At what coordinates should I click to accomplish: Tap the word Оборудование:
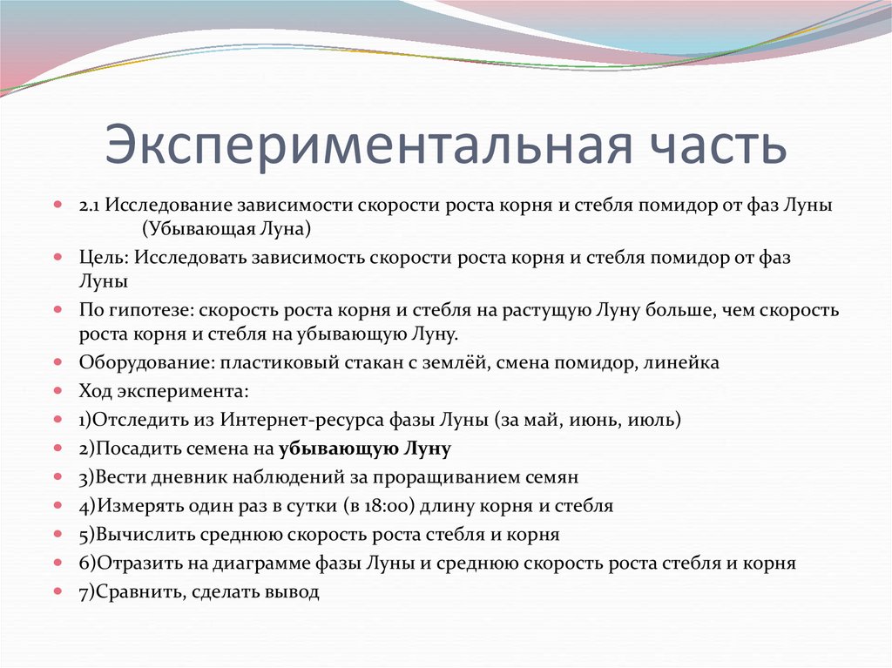tap(145, 362)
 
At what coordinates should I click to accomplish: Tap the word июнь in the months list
tap(596, 420)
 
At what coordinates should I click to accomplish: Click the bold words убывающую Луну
tap(365, 449)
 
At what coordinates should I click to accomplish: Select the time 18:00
tap(380, 506)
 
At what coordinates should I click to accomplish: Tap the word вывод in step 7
tap(294, 592)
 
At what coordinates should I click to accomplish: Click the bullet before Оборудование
tap(57, 362)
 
